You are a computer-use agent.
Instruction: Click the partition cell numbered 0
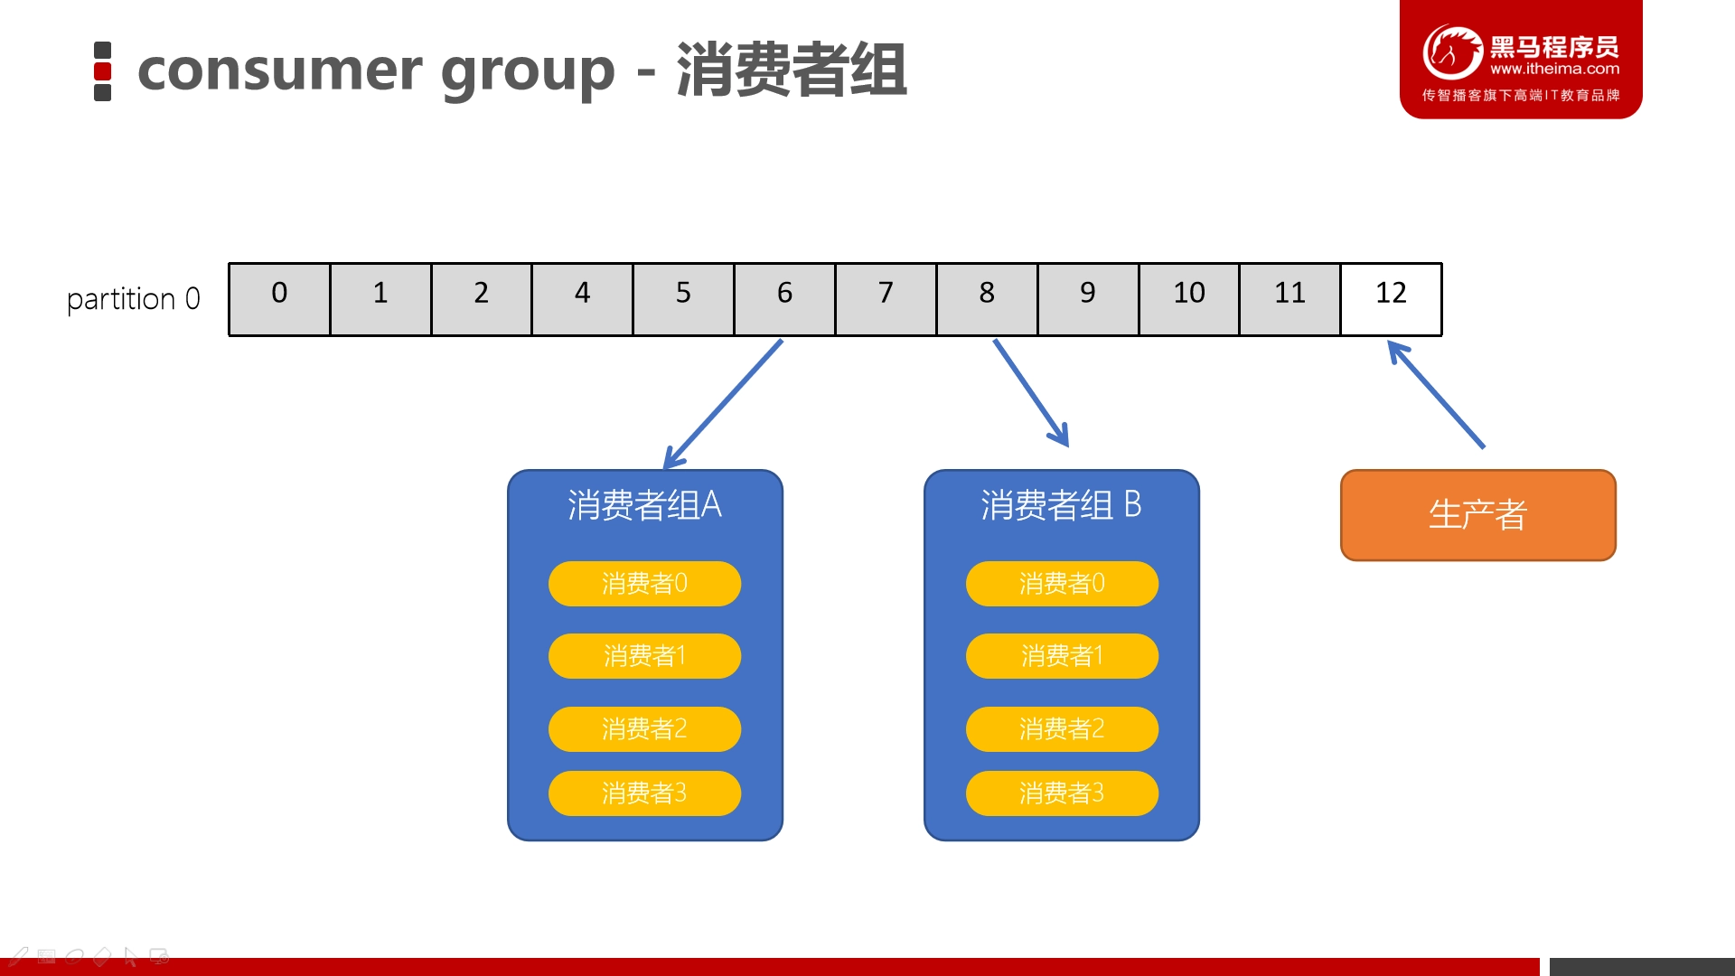coord(279,299)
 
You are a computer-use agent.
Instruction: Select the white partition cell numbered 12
coord(1391,299)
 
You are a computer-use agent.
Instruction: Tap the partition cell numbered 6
coord(784,299)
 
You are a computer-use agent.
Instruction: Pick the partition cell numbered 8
coord(987,299)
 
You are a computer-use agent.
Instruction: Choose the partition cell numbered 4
coord(582,299)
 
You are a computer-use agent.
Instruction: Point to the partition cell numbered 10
coord(1189,299)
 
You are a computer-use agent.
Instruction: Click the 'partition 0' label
coord(134,299)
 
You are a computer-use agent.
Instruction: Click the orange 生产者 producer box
coord(1478,515)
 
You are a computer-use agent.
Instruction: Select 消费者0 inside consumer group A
coord(644,584)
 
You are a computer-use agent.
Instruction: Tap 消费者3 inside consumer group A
coord(644,793)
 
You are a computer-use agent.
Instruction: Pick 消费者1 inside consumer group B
coord(1062,656)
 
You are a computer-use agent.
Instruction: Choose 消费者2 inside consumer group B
coord(1062,729)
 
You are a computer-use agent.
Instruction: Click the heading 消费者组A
coord(644,505)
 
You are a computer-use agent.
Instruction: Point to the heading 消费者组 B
coord(1062,505)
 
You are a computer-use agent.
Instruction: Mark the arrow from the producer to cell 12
coord(1436,394)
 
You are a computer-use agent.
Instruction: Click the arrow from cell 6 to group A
coord(723,404)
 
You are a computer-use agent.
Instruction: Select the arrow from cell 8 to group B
coord(1031,393)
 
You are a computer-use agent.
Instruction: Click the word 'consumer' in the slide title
coord(280,70)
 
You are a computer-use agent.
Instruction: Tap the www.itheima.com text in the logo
coord(1554,69)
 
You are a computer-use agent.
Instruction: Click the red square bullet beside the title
coord(103,71)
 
